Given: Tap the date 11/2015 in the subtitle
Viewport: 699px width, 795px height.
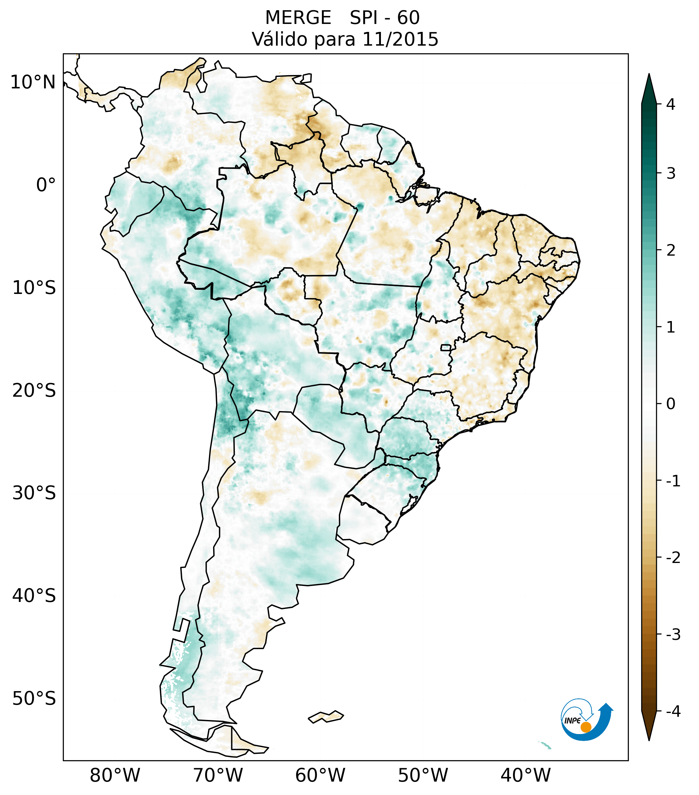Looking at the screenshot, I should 400,39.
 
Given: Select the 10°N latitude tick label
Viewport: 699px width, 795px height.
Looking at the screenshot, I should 33,82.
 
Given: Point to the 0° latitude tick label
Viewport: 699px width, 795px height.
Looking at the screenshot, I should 46,185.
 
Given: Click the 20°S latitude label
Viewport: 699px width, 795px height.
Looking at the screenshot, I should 34,391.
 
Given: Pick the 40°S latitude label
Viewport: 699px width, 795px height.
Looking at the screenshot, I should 34,596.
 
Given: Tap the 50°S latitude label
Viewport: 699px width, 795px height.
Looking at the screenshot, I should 34,699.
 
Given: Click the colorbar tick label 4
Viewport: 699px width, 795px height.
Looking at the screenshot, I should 671,104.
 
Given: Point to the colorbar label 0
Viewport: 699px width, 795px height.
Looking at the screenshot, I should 671,404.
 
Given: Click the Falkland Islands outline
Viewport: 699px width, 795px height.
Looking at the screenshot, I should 326,716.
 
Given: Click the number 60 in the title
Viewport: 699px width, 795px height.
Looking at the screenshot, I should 408,18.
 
